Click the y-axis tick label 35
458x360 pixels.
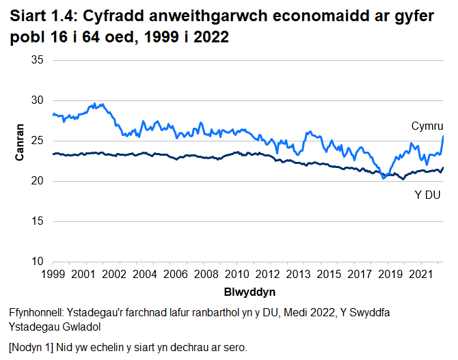[38, 60]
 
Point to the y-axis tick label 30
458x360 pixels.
[38, 100]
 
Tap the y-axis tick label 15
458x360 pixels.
[38, 221]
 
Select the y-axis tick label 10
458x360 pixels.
[38, 262]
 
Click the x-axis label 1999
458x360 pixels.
[53, 275]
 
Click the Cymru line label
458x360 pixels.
[428, 126]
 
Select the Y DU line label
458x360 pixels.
[428, 197]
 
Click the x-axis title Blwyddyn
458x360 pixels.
[250, 292]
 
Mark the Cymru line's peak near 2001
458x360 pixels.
[102, 105]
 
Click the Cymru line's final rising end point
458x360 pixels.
[444, 136]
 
